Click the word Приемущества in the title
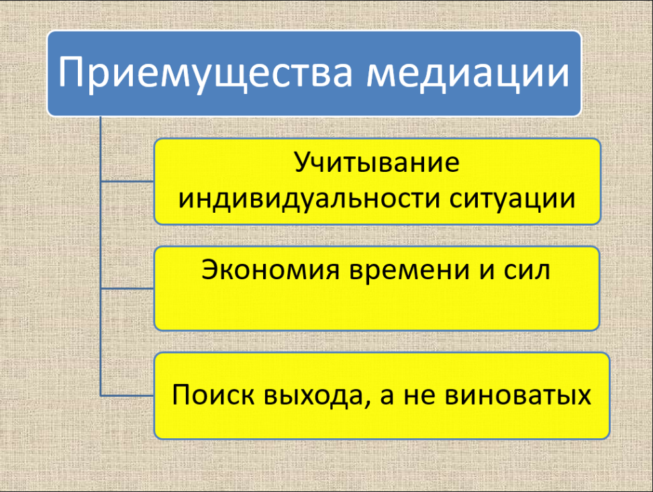click(x=205, y=73)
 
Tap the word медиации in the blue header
click(x=468, y=73)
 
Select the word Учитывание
click(x=377, y=162)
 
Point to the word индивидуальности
click(x=309, y=199)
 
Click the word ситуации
click(x=512, y=199)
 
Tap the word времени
click(x=409, y=270)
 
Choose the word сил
click(x=528, y=270)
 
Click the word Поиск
click(x=213, y=394)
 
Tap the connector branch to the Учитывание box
click(x=128, y=182)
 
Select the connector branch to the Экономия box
click(x=128, y=288)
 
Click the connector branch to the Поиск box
click(x=128, y=395)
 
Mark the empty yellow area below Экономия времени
click(x=377, y=308)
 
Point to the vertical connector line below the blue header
click(x=101, y=256)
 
